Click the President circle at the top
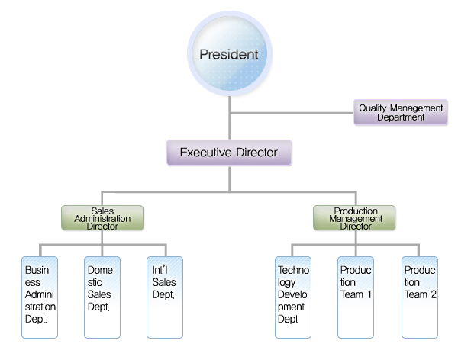[x=229, y=55]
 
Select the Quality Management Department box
[x=401, y=112]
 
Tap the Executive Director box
[x=229, y=153]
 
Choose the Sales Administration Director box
[x=104, y=218]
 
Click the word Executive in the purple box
[x=205, y=153]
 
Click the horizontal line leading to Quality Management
[x=290, y=112]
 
